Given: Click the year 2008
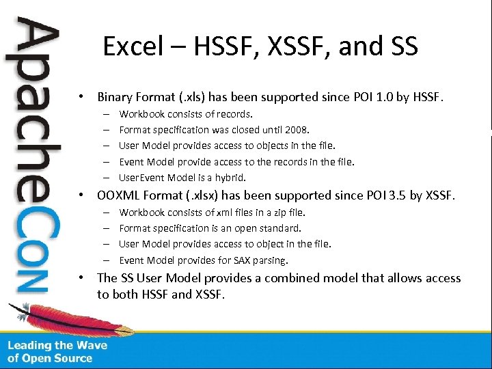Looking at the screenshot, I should pos(297,129).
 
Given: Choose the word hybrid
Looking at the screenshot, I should pos(230,178).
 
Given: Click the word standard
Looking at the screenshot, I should pos(279,228).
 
